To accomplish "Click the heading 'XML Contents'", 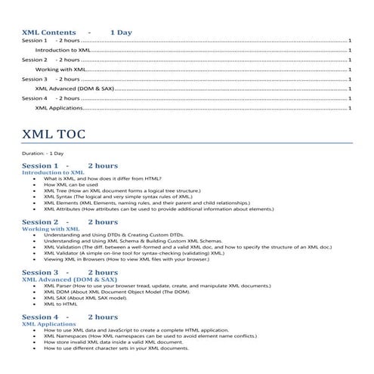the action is [x=49, y=33].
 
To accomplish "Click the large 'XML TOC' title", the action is [x=54, y=135].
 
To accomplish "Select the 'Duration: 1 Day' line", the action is [x=43, y=153].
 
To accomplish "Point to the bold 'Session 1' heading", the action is [x=40, y=165].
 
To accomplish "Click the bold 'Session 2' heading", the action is [x=40, y=221].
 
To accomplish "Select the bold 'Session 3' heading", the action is [x=40, y=271].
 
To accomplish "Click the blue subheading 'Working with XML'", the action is [x=51, y=228].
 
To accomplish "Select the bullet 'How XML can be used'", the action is [x=71, y=184].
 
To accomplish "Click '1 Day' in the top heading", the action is [x=121, y=33].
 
